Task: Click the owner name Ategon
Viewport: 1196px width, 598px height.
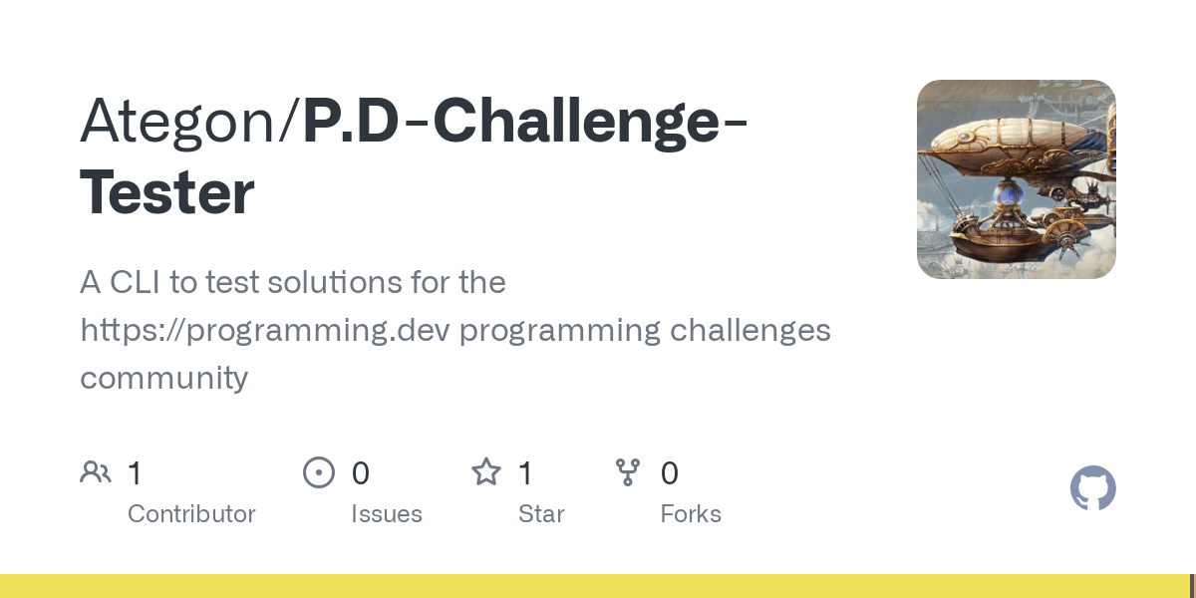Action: click(x=177, y=122)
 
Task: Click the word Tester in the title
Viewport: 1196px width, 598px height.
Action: click(x=167, y=191)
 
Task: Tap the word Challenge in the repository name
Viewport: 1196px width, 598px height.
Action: click(x=576, y=122)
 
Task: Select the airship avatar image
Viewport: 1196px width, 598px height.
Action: click(x=1016, y=178)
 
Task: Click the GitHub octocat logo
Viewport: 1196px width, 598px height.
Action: click(x=1093, y=488)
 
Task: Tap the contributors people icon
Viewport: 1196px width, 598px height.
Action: click(x=96, y=472)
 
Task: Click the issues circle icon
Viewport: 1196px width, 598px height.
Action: click(x=319, y=472)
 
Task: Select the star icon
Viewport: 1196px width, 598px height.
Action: click(x=486, y=472)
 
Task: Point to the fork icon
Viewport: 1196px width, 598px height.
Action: click(x=628, y=472)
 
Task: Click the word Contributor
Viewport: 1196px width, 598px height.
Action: click(x=191, y=514)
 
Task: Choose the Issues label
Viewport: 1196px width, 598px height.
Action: click(x=387, y=514)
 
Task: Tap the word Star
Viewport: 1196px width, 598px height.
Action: click(x=541, y=514)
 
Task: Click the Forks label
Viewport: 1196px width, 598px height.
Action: click(x=691, y=514)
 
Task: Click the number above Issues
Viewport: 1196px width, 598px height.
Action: click(x=361, y=473)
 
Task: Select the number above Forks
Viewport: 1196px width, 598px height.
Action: click(x=670, y=473)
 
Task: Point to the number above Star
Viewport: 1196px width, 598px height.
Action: click(x=525, y=473)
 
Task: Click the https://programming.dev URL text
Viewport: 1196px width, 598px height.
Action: click(x=265, y=331)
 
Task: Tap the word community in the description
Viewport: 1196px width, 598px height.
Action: click(x=163, y=378)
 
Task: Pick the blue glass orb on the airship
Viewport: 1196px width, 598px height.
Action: click(x=1008, y=196)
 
